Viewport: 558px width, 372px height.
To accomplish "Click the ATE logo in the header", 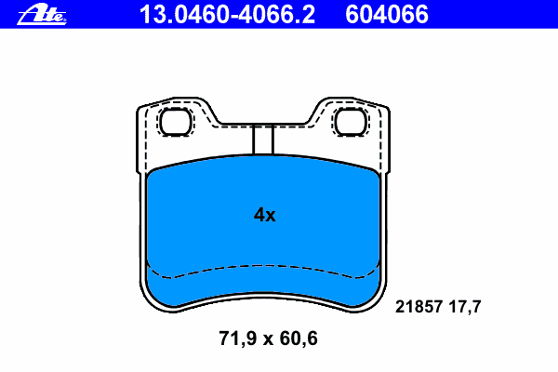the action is point(42,15).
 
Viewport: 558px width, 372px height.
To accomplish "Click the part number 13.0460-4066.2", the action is point(227,15).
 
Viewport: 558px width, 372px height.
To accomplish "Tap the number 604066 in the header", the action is point(387,15).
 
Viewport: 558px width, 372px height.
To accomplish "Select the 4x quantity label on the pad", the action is point(264,215).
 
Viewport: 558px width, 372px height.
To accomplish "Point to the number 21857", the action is point(418,307).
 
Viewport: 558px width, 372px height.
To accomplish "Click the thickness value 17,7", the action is point(465,307).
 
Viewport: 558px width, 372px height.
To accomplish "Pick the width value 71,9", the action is point(238,339).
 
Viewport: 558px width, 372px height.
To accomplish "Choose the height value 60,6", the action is point(299,339).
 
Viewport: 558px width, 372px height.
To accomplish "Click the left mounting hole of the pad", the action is point(175,122).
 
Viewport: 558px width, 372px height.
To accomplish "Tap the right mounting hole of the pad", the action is point(351,122).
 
